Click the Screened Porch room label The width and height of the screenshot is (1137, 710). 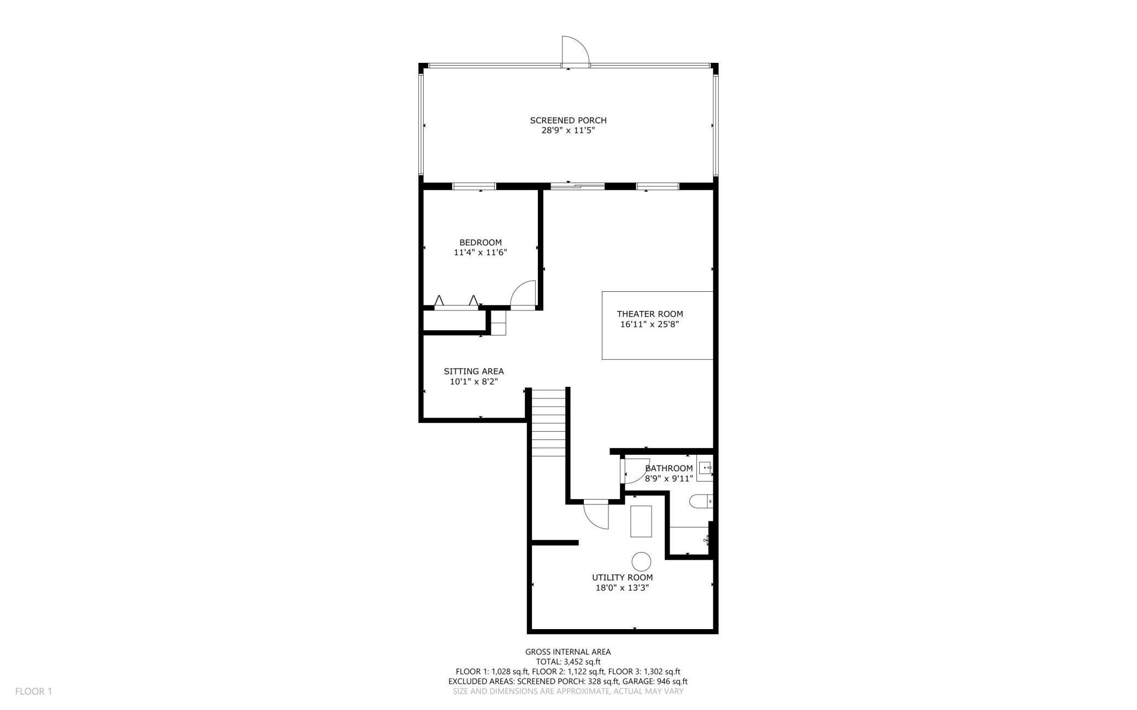pyautogui.click(x=568, y=120)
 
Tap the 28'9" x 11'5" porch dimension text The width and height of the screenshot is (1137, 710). pyautogui.click(x=568, y=131)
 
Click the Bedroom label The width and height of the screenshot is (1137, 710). pyautogui.click(x=480, y=243)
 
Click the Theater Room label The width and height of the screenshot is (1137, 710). pyautogui.click(x=650, y=314)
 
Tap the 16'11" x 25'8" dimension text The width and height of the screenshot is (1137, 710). pyautogui.click(x=650, y=325)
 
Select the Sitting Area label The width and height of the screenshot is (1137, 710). pyautogui.click(x=474, y=372)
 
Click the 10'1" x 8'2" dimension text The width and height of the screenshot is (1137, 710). pyautogui.click(x=474, y=382)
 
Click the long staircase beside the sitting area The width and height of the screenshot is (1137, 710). pyautogui.click(x=549, y=423)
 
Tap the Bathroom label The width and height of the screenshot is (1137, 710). pyautogui.click(x=669, y=468)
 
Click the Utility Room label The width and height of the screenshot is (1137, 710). pyautogui.click(x=622, y=578)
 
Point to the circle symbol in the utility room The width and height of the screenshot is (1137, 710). pyautogui.click(x=641, y=561)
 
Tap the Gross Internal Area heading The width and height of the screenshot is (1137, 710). pyautogui.click(x=568, y=652)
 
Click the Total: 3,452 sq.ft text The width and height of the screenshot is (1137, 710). pyautogui.click(x=568, y=662)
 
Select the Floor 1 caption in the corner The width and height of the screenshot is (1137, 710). pyautogui.click(x=33, y=691)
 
